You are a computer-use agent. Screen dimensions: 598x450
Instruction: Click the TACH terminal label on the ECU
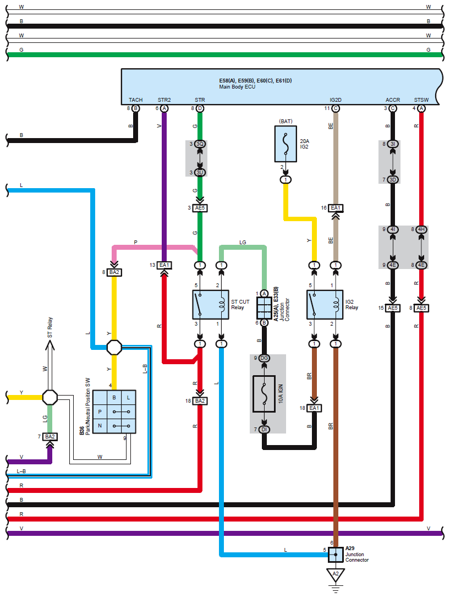point(135,100)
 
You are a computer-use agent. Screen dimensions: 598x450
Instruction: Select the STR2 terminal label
point(164,100)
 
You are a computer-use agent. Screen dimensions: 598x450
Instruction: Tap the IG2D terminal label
point(336,100)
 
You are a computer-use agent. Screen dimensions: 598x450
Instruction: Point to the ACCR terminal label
point(393,100)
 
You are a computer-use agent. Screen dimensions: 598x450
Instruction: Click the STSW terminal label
point(421,100)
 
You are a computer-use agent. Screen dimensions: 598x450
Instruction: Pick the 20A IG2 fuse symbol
point(285,144)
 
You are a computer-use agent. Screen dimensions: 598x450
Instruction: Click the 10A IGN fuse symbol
point(264,394)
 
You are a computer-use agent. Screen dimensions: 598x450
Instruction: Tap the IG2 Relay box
point(325,304)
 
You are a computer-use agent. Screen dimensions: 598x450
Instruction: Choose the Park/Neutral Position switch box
point(114,412)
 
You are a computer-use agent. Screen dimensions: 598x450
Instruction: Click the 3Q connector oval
point(200,144)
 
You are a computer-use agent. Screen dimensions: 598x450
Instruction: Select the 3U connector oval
point(200,173)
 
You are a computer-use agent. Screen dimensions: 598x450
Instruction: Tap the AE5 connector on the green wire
point(200,208)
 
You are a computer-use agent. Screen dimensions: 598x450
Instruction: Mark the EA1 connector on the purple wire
point(164,265)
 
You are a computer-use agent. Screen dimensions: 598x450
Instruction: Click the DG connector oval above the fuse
point(264,359)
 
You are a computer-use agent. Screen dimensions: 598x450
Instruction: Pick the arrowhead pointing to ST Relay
point(50,345)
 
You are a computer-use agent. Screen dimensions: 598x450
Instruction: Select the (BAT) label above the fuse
point(285,120)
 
